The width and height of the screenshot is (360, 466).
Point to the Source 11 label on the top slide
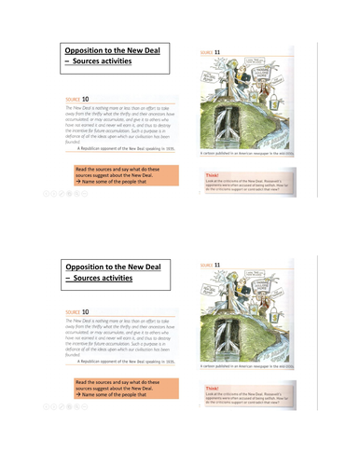pos(213,53)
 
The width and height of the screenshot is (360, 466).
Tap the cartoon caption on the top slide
pos(252,157)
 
